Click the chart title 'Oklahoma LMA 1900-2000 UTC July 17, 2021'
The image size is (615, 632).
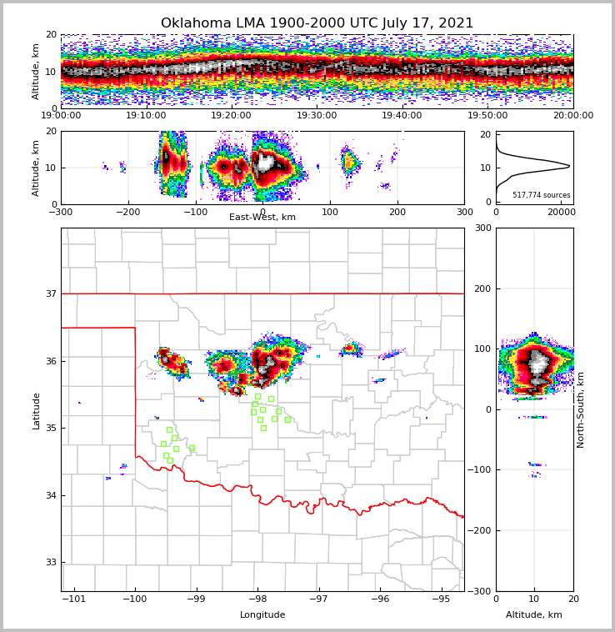tap(317, 23)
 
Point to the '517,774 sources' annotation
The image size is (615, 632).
tap(542, 195)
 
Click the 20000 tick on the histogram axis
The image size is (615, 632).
tap(560, 213)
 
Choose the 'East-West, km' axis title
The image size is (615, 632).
tap(262, 218)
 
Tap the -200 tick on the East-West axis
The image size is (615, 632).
tap(127, 212)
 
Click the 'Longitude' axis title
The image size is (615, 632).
tap(262, 615)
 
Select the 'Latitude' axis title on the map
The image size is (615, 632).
tap(37, 410)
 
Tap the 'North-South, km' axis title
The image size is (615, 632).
tap(581, 409)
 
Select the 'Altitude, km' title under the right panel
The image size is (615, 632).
tap(534, 615)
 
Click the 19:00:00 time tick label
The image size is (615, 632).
tap(61, 116)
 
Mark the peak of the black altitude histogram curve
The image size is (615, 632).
tap(569, 167)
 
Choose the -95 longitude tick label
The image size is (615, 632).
tap(441, 599)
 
